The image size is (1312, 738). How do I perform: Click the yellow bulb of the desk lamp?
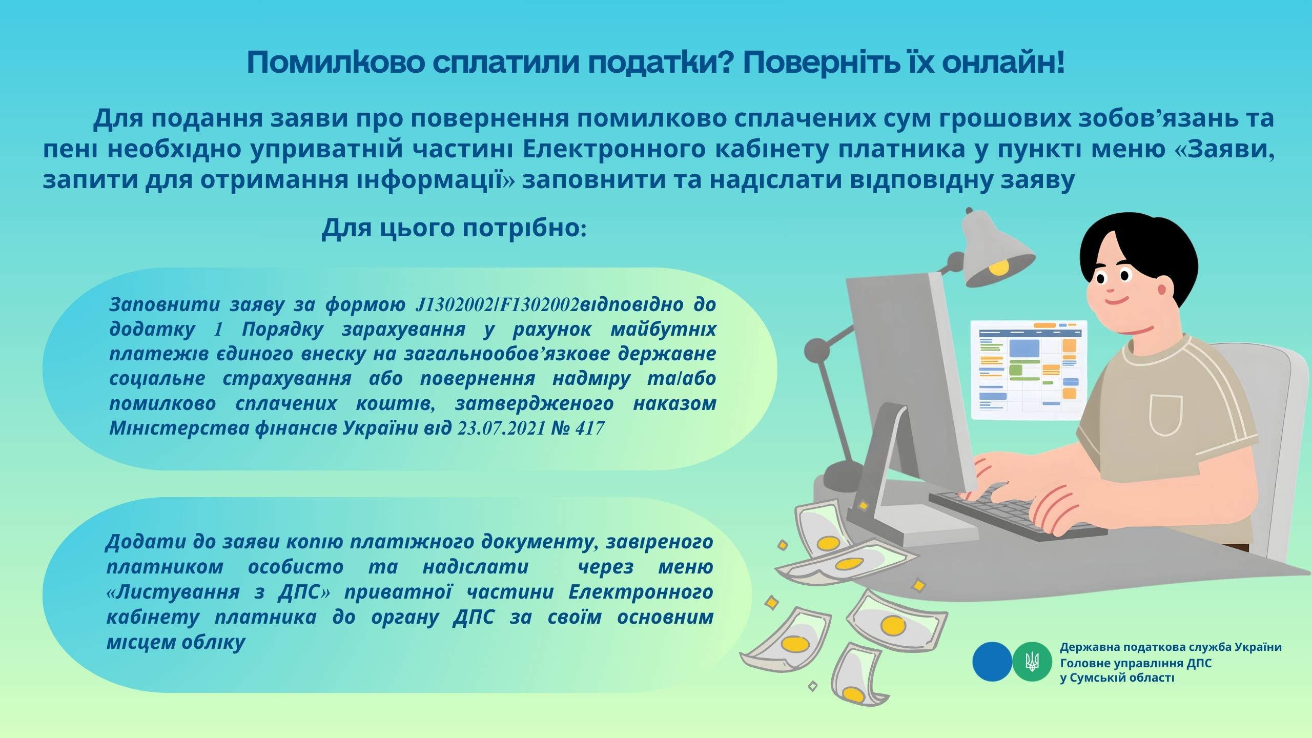(x=998, y=266)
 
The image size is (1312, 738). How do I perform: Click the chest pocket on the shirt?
(x=1165, y=415)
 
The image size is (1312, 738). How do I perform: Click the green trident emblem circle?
(x=1032, y=662)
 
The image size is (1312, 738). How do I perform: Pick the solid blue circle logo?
(x=992, y=662)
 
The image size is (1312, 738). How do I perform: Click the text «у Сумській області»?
(x=1117, y=678)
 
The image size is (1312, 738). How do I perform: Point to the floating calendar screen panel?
(x=1029, y=370)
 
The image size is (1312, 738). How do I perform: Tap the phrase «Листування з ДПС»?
(x=218, y=592)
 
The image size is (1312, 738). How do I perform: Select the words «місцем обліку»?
(x=176, y=642)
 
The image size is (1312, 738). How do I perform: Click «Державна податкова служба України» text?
(x=1171, y=647)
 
